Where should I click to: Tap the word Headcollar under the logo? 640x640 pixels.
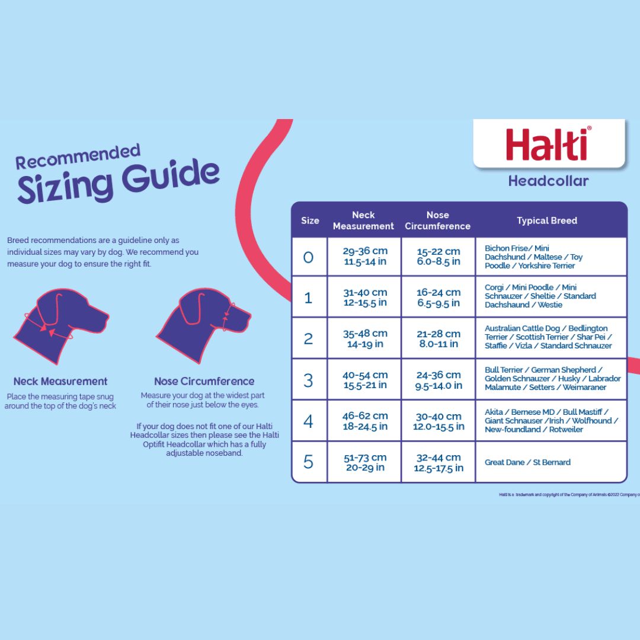(548, 181)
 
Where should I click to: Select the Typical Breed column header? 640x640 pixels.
(547, 220)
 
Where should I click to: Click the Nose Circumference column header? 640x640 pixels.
(438, 220)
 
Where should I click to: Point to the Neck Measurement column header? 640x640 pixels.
(363, 220)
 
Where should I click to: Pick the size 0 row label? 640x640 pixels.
(309, 257)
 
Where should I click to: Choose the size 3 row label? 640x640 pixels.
(309, 380)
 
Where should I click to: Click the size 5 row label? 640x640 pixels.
(309, 462)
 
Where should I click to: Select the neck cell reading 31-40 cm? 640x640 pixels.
(364, 297)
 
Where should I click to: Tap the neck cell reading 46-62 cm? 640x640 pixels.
(364, 421)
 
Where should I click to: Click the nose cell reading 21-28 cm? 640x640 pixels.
(438, 339)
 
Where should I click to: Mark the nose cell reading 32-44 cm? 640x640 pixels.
(438, 462)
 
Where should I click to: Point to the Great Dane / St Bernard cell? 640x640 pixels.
(527, 462)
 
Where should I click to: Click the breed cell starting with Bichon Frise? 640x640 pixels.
(533, 257)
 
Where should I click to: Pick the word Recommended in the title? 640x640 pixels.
(78, 158)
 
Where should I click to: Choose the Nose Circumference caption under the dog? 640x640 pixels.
(204, 382)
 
